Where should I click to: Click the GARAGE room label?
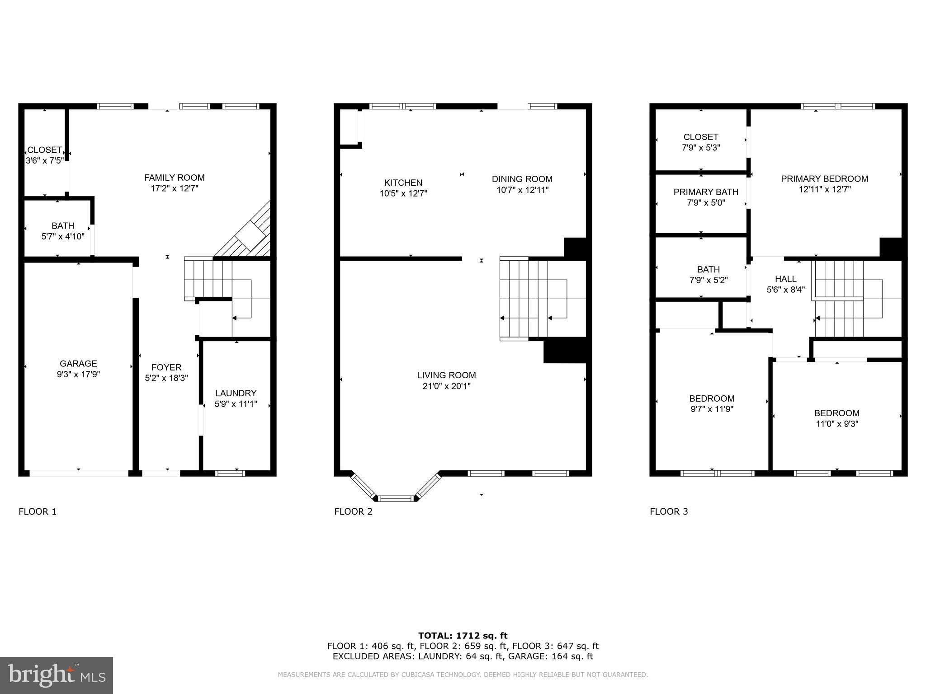[x=78, y=364]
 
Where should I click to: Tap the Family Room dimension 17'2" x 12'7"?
[x=174, y=188]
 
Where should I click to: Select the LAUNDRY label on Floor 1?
[x=236, y=393]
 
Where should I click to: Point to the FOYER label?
[x=166, y=367]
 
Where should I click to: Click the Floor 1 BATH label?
[x=63, y=225]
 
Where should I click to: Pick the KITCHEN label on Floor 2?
[x=403, y=183]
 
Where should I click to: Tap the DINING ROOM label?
[x=522, y=179]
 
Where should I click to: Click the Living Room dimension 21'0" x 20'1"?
[x=446, y=386]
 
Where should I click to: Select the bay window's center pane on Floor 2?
[x=396, y=498]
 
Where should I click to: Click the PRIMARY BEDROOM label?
[x=824, y=178]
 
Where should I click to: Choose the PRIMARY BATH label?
[x=705, y=192]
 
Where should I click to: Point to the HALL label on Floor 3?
[x=785, y=279]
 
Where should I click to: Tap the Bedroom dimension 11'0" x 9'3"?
[x=836, y=424]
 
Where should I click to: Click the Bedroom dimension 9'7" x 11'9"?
[x=712, y=409]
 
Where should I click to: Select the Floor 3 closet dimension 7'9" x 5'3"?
[x=701, y=147]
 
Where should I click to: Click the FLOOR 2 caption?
[x=353, y=511]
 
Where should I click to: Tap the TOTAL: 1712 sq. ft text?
[x=463, y=636]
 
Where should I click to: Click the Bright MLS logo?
[x=56, y=675]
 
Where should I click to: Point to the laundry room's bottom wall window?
[x=230, y=473]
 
